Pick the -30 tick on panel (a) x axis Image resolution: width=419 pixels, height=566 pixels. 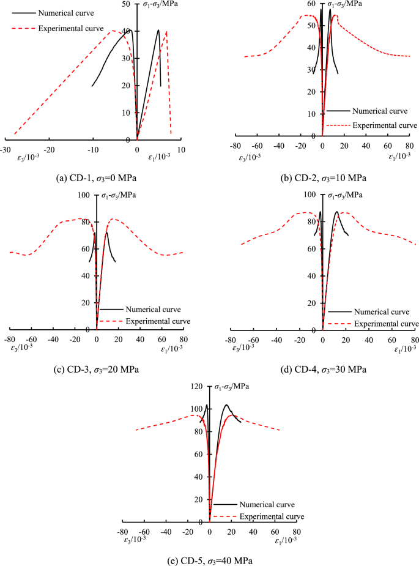pos(6,149)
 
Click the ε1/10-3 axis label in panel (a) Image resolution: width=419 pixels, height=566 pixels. pos(160,157)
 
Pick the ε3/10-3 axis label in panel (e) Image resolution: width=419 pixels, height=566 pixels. pos(134,539)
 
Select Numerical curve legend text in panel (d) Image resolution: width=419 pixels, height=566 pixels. pos(382,311)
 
